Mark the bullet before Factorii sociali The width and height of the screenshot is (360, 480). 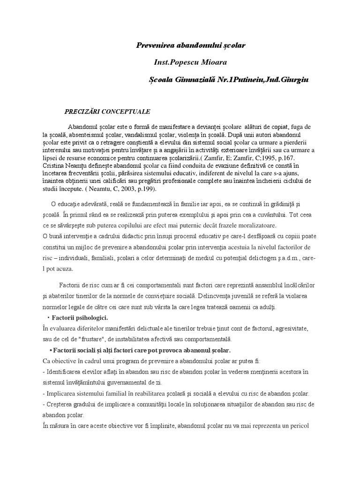point(50,351)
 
